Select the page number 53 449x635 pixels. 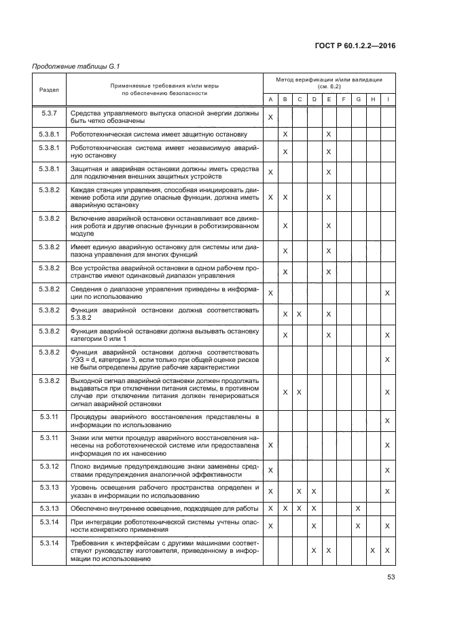392,578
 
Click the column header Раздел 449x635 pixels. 49,89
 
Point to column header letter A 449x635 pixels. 271,101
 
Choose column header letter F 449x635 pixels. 343,101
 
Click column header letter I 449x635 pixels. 387,101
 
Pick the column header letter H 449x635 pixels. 372,101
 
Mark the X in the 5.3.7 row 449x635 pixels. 271,117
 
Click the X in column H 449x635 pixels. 372,549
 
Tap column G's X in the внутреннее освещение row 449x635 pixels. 358,508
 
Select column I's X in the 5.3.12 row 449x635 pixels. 387,470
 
